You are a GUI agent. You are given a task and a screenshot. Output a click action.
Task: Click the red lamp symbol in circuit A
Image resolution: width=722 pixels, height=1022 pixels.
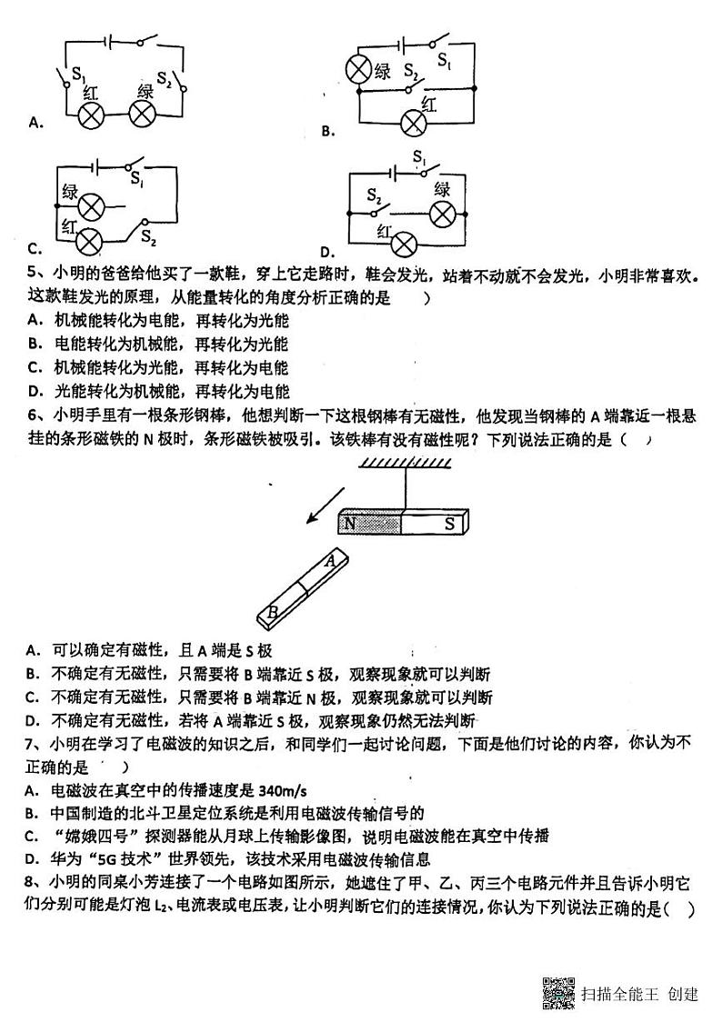[x=91, y=115]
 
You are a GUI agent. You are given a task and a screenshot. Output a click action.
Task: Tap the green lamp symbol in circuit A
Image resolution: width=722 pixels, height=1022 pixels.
[x=142, y=115]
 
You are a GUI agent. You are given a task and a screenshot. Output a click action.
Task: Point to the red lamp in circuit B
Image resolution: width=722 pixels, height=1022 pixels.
[x=416, y=124]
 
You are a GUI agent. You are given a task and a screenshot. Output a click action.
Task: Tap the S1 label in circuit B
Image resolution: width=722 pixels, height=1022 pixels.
[x=444, y=60]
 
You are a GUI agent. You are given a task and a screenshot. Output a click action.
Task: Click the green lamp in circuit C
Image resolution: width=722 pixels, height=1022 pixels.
[x=91, y=207]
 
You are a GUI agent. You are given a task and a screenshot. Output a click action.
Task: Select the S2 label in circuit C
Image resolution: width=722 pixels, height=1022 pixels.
[x=148, y=240]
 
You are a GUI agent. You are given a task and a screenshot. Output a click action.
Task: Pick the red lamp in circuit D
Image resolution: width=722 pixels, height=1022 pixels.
[x=403, y=244]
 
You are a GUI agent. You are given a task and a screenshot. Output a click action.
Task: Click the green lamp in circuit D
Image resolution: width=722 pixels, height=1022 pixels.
[x=443, y=214]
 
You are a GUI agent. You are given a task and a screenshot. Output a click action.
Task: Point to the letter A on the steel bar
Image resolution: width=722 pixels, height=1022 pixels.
[x=330, y=561]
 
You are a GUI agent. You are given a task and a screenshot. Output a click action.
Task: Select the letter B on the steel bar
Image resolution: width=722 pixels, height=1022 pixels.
[x=271, y=613]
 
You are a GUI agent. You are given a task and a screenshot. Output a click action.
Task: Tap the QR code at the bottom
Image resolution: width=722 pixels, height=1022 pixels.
[x=558, y=993]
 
